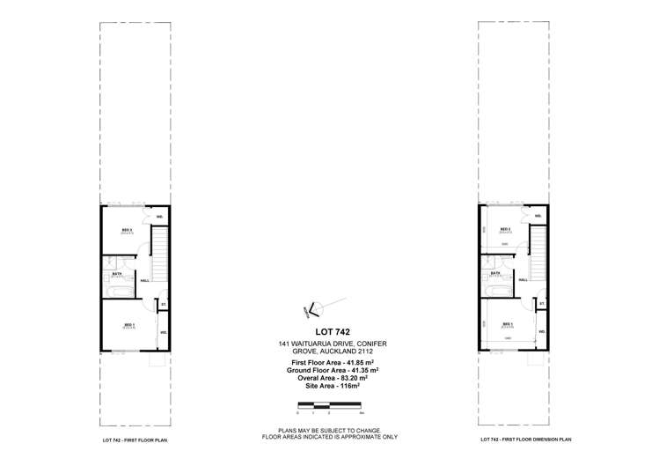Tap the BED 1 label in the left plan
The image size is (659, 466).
128,325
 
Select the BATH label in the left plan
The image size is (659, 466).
115,273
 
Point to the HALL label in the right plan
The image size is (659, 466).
523,280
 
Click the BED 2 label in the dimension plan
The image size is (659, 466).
507,231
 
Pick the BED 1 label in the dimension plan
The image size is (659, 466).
508,325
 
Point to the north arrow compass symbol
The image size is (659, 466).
314,307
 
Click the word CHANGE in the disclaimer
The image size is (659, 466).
362,430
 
